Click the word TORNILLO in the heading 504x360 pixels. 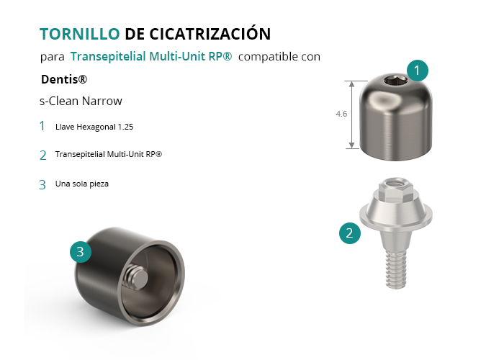[80, 34]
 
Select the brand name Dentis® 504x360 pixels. [64, 79]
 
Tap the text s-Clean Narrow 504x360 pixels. [81, 101]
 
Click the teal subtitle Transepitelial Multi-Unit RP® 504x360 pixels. [151, 56]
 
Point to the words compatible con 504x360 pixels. [279, 57]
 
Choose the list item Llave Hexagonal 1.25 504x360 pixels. [94, 127]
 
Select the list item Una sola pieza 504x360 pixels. [82, 184]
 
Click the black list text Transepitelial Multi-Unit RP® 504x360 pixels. [109, 154]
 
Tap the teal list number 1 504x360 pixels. [42, 126]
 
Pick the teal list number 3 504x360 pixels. [42, 185]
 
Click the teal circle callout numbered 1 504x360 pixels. [417, 71]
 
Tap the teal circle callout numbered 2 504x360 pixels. [350, 233]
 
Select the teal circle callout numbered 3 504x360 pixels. [81, 252]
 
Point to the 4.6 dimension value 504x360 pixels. [341, 114]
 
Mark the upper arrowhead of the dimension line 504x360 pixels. [352, 84]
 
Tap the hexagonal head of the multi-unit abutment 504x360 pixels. [396, 188]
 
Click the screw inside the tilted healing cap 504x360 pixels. [137, 278]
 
